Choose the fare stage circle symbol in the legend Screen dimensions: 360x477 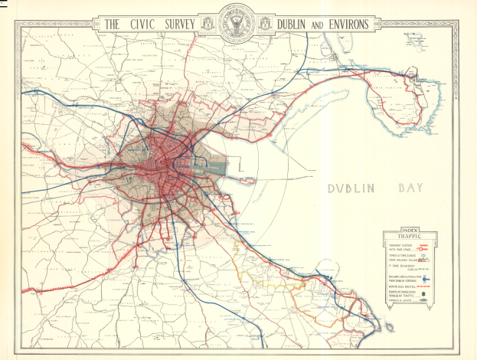433,249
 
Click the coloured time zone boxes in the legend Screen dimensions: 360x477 430,258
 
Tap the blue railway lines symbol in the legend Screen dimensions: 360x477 430,280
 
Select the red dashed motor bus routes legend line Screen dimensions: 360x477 432,289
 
